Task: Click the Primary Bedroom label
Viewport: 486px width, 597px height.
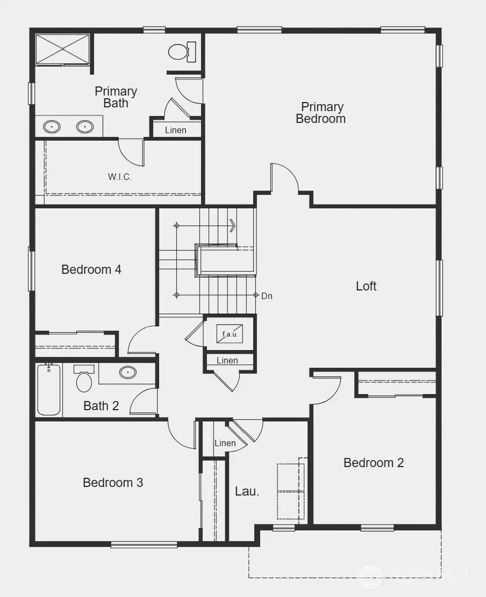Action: (x=321, y=113)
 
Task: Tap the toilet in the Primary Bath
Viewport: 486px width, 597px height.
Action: (x=177, y=51)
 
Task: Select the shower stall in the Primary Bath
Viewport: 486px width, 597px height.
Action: (x=62, y=49)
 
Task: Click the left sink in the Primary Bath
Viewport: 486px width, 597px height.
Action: (x=52, y=127)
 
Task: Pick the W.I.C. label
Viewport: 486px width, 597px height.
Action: (x=119, y=176)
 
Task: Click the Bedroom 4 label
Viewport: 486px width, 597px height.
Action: (x=91, y=269)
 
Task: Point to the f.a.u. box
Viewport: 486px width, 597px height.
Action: (x=230, y=333)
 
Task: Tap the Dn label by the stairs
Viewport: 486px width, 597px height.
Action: (x=267, y=296)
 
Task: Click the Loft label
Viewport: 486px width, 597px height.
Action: (x=366, y=286)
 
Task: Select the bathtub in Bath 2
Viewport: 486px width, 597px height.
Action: (x=49, y=389)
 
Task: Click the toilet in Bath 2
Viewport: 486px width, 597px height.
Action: (x=84, y=379)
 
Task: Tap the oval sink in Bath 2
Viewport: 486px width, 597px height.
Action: (x=128, y=372)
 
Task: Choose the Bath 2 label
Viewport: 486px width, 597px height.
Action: (x=101, y=406)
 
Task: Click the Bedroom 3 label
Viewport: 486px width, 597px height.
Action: (x=113, y=482)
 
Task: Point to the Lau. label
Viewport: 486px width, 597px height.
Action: (x=247, y=491)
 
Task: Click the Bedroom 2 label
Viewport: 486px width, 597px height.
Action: (x=374, y=462)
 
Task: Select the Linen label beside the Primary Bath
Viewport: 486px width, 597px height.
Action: (x=175, y=130)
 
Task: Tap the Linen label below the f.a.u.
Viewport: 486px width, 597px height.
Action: (x=227, y=360)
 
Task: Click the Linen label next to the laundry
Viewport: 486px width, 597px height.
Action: (x=225, y=443)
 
